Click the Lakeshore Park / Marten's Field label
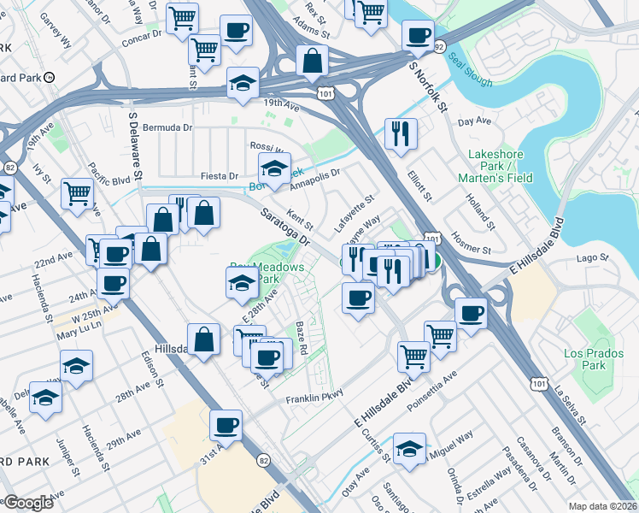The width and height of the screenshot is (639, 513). pyautogui.click(x=501, y=166)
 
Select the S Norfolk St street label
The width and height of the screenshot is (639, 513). pyautogui.click(x=428, y=85)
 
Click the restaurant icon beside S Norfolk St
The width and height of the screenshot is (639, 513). pyautogui.click(x=401, y=133)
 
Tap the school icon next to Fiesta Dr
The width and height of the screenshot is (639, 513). pyautogui.click(x=274, y=168)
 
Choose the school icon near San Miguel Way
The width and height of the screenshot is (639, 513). pyautogui.click(x=409, y=448)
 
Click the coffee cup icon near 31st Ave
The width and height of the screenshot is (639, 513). pyautogui.click(x=226, y=424)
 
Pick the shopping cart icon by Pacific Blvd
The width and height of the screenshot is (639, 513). pyautogui.click(x=77, y=194)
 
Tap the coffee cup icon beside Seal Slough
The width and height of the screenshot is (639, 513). pyautogui.click(x=418, y=35)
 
